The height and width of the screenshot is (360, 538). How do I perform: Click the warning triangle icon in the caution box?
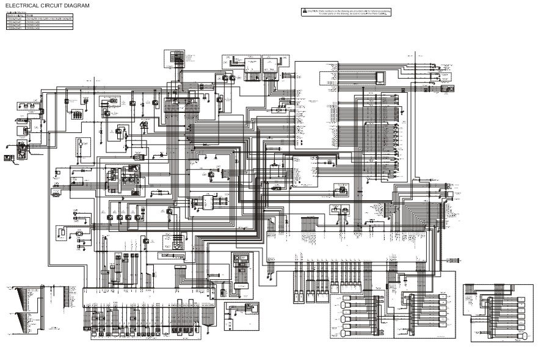(304, 11)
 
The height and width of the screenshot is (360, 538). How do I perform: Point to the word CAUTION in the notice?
(312, 11)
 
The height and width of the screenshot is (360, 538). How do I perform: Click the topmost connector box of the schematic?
(173, 58)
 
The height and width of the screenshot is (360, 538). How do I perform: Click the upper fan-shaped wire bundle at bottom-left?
(24, 298)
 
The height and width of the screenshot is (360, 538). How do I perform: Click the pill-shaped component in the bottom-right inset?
(523, 337)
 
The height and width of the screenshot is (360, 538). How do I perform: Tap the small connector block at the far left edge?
(9, 157)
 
